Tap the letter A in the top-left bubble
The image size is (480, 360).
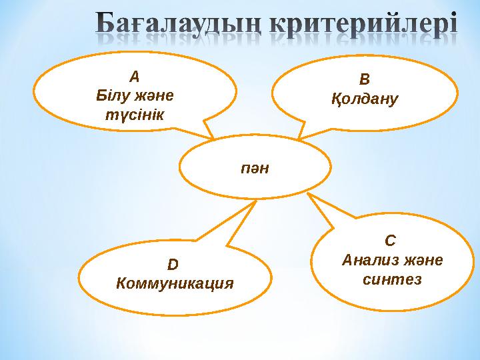point(135,77)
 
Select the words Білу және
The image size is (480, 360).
point(135,95)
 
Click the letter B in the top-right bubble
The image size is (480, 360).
point(364,81)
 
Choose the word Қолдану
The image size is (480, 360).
point(364,99)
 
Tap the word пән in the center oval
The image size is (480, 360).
point(255,167)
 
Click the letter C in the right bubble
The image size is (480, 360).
point(391,240)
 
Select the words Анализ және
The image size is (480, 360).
point(391,259)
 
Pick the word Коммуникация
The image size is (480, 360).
point(174,283)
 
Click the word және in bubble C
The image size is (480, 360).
point(421,259)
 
